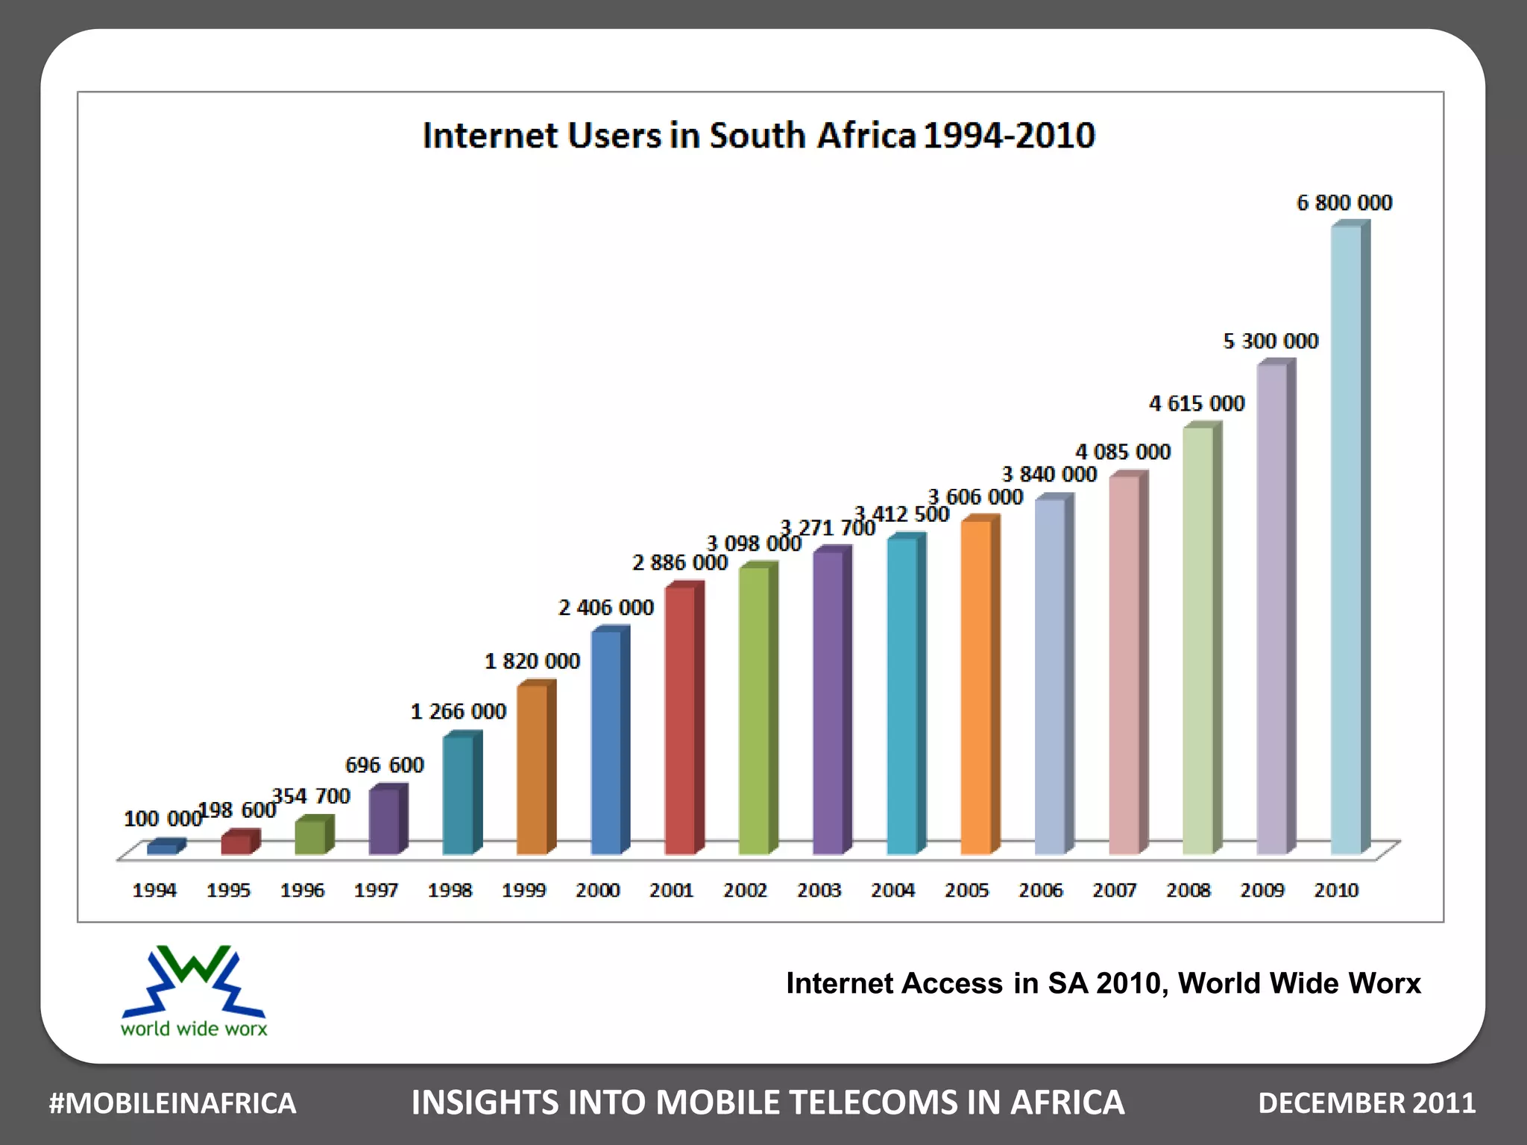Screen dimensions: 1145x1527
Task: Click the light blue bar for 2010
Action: pos(1346,540)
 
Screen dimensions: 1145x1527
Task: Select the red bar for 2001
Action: pos(679,720)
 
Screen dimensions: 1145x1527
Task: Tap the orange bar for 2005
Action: pos(975,687)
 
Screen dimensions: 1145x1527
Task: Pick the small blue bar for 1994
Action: pos(162,848)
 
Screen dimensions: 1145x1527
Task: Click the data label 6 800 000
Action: pos(1344,203)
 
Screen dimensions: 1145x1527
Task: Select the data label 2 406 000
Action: pos(605,608)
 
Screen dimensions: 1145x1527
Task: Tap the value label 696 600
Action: pos(384,765)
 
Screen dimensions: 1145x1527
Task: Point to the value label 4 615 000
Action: pos(1197,403)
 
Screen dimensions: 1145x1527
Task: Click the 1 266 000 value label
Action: pos(458,711)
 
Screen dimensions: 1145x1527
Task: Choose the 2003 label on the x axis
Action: pos(819,890)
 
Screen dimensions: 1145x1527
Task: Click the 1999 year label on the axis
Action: pos(523,890)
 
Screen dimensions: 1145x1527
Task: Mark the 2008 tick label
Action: pos(1188,890)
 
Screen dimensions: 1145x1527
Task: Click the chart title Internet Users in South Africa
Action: pos(758,136)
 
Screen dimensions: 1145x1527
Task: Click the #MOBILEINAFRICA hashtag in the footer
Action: pos(172,1103)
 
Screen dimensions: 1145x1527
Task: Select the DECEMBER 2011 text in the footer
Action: pos(1366,1103)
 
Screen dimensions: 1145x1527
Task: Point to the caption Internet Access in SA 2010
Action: pos(1103,983)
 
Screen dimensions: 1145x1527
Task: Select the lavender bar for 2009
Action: pos(1272,608)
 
